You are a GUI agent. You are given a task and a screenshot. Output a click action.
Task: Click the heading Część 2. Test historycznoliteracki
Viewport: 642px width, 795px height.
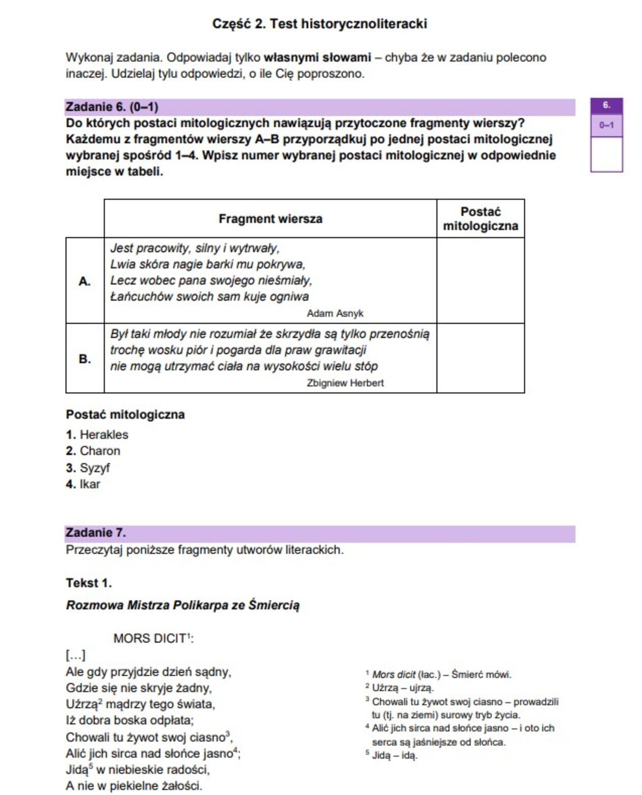pos(319,23)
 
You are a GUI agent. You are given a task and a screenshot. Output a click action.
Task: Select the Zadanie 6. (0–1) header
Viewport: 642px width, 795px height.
pos(112,107)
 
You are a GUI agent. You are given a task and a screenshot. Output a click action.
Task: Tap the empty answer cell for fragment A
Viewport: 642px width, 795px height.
pos(480,280)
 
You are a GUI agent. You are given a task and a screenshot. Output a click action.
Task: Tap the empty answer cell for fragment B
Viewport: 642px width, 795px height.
pos(480,358)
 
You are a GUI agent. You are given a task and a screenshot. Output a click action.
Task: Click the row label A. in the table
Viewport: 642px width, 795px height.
pos(85,281)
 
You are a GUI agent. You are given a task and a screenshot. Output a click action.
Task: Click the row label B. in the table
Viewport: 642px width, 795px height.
pos(85,358)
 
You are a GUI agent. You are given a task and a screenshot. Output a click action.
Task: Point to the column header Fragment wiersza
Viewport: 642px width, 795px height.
pos(270,219)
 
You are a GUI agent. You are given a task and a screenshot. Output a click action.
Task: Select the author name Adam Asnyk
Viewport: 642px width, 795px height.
pos(335,314)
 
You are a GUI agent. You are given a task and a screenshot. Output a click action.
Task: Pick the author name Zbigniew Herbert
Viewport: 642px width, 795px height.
pos(345,383)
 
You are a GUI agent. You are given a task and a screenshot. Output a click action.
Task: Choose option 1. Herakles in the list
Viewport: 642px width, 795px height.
pos(97,434)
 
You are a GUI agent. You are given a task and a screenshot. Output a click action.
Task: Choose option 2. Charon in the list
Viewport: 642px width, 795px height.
pos(93,451)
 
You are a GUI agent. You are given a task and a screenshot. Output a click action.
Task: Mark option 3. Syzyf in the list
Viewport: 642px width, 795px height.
pos(88,468)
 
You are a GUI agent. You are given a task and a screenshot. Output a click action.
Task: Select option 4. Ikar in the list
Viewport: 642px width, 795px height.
pos(83,484)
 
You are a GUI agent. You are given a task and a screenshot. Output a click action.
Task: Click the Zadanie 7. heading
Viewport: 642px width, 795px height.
pos(96,533)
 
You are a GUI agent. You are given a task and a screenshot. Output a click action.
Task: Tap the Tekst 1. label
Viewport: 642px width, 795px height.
pos(89,583)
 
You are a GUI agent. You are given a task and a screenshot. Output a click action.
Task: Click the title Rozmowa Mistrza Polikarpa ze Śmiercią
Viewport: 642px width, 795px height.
pos(182,605)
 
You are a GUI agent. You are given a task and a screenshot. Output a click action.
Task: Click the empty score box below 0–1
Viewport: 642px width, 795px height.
pos(606,154)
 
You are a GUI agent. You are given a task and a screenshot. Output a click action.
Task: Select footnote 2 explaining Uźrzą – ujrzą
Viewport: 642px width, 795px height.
pos(399,688)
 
